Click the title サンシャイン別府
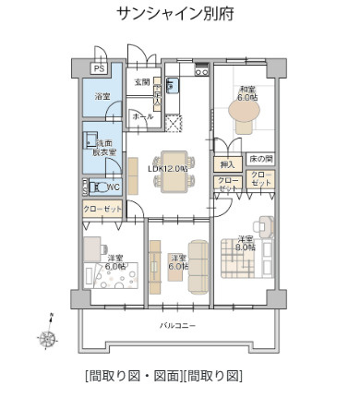click(179, 15)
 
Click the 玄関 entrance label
click(141, 83)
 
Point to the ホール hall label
click(143, 117)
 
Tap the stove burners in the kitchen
click(201, 70)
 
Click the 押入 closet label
click(227, 163)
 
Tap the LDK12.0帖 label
click(167, 169)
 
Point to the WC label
click(113, 187)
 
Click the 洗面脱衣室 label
click(101, 148)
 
